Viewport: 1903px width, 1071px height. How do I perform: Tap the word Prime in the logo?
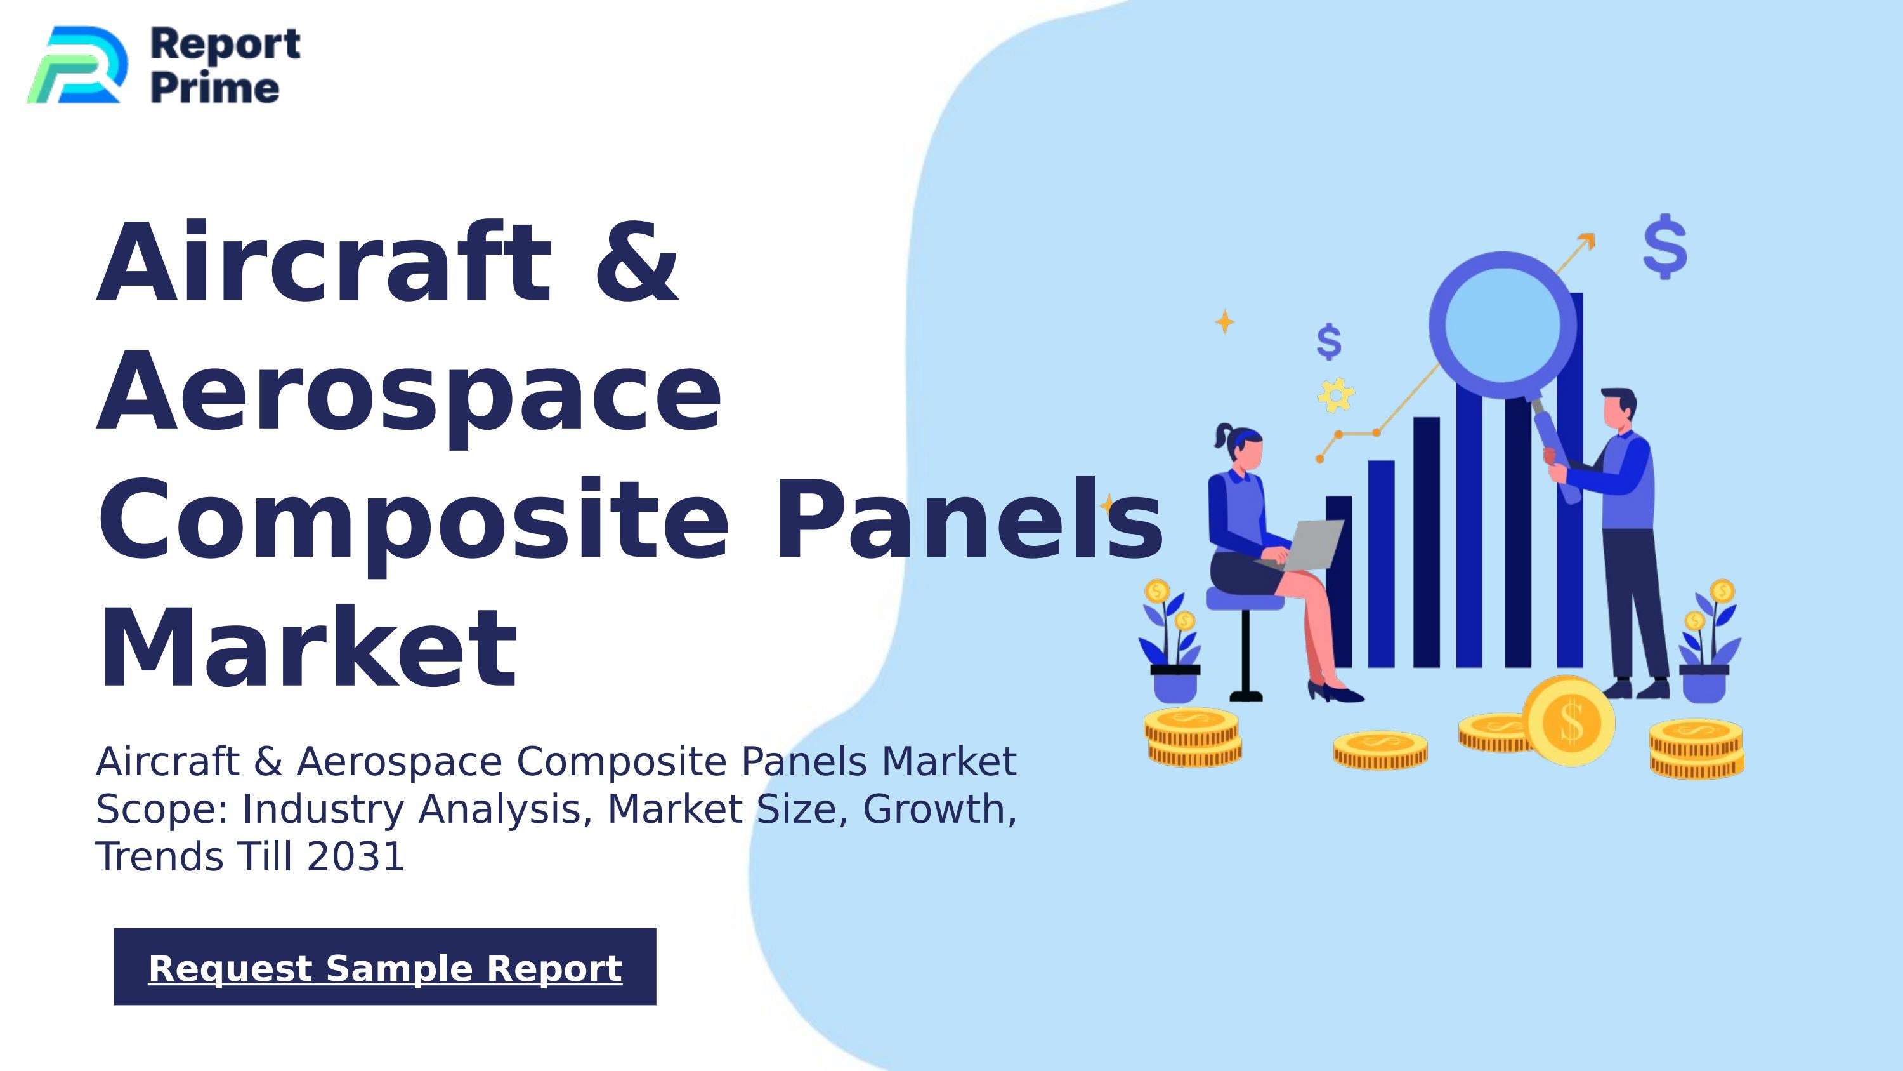215,88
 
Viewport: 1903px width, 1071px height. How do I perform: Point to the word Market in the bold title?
307,648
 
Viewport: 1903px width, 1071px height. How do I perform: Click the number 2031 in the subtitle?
355,856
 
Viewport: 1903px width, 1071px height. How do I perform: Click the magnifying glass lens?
1502,325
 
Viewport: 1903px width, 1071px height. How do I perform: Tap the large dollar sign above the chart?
1665,247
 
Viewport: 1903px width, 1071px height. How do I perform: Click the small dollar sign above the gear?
1329,342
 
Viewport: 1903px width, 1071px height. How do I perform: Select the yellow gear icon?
1336,396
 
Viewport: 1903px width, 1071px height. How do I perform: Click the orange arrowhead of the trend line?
1586,241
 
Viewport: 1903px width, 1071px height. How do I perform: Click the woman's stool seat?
1244,599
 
